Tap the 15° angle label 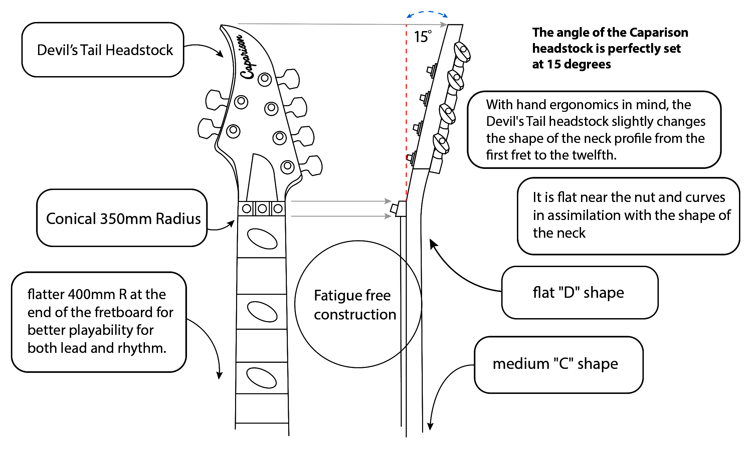tap(422, 37)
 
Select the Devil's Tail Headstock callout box tap(103, 50)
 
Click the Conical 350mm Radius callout tap(122, 218)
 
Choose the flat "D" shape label tap(579, 292)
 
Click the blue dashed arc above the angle tap(427, 13)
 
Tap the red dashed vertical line tap(406, 110)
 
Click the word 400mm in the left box tap(92, 294)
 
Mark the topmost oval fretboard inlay tap(262, 239)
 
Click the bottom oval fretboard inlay tap(261, 378)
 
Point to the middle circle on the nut tap(262, 209)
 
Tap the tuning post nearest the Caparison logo tap(265, 79)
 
